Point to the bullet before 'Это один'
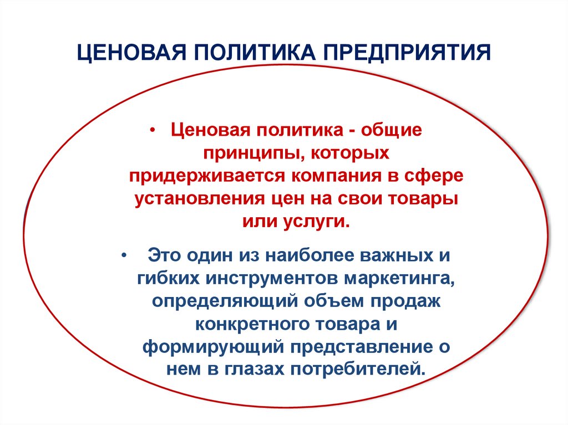pos(123,255)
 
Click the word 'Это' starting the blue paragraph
pos(165,255)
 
